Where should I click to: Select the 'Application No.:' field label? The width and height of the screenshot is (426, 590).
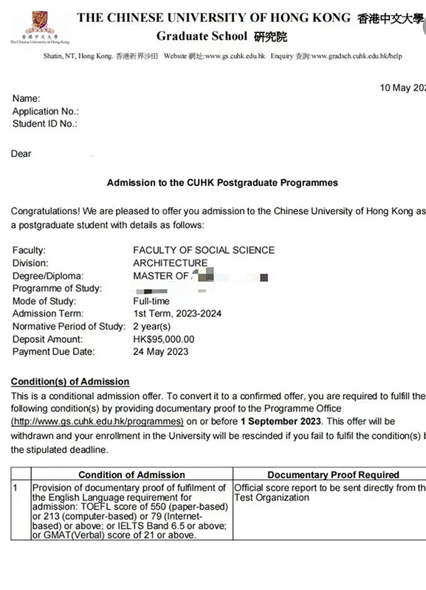click(x=46, y=111)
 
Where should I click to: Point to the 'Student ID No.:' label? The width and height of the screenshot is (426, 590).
click(x=44, y=124)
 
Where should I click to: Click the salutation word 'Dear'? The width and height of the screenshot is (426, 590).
click(x=21, y=154)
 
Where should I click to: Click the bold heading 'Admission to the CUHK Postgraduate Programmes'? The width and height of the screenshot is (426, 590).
click(x=222, y=182)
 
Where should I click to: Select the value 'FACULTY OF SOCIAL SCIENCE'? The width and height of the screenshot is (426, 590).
click(x=204, y=250)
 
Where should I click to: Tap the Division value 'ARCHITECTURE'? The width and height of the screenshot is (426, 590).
click(x=171, y=263)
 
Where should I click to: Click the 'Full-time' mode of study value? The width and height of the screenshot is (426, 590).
click(x=151, y=301)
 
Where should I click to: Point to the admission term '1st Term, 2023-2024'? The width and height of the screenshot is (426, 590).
click(x=177, y=313)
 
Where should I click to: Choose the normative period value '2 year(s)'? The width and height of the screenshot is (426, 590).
click(x=152, y=326)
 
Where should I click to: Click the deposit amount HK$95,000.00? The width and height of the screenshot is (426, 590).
click(x=164, y=339)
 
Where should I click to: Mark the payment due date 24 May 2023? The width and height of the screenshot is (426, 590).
click(x=161, y=352)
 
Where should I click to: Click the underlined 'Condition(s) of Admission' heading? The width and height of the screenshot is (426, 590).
click(x=70, y=381)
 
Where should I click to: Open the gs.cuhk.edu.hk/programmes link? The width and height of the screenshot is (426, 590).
click(x=97, y=421)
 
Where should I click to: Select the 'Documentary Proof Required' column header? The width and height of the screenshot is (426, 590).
click(x=333, y=475)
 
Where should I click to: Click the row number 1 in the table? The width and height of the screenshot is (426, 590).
click(x=16, y=487)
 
